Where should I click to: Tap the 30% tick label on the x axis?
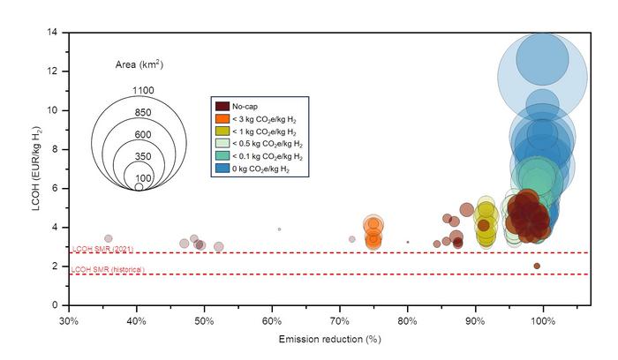[69, 319]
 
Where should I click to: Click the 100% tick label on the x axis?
[542, 319]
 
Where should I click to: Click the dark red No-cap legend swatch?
[222, 107]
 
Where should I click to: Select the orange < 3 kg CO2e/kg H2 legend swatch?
[222, 119]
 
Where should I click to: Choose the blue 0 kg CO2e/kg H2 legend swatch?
[222, 167]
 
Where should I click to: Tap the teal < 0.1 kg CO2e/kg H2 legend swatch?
[222, 155]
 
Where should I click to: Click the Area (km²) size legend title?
[139, 65]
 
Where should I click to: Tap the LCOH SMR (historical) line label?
[110, 269]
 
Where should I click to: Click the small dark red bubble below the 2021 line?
[536, 266]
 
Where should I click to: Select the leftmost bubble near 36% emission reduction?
[109, 238]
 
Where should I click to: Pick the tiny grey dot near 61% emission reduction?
[279, 229]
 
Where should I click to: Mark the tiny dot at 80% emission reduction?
[407, 242]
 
